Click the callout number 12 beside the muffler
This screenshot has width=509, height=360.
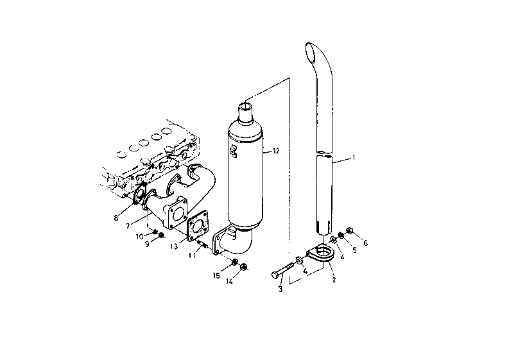click(x=276, y=151)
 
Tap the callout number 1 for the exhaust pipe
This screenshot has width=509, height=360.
click(x=354, y=158)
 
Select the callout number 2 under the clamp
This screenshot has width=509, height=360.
click(x=334, y=280)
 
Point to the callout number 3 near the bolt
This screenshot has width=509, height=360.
click(x=280, y=289)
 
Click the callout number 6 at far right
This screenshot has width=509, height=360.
click(x=365, y=243)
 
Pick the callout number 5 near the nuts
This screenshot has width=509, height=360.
click(x=354, y=250)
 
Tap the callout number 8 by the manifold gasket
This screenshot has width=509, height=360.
click(x=116, y=218)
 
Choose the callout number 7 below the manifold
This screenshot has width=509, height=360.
click(x=128, y=226)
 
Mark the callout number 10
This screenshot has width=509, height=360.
click(x=139, y=237)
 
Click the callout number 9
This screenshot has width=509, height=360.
click(x=147, y=244)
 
